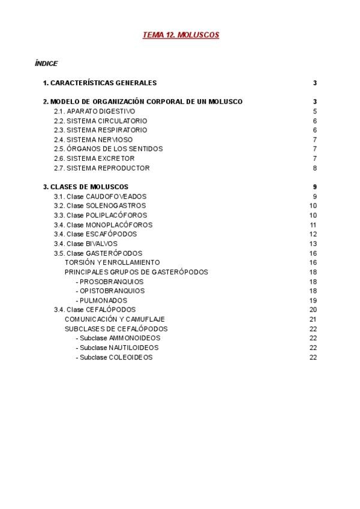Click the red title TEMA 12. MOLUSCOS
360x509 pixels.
point(181,35)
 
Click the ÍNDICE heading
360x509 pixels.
point(46,63)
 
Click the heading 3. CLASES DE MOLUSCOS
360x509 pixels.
point(86,187)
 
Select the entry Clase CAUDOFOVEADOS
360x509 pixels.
point(100,196)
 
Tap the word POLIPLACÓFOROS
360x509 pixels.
point(116,215)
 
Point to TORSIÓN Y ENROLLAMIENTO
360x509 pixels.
point(112,262)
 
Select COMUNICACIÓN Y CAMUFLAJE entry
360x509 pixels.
point(115,319)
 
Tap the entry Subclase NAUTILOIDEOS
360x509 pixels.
point(109,348)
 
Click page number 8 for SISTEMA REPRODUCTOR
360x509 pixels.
point(314,168)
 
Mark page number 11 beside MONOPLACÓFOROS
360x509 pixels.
point(313,225)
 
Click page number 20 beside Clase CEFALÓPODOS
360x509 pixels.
point(313,310)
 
